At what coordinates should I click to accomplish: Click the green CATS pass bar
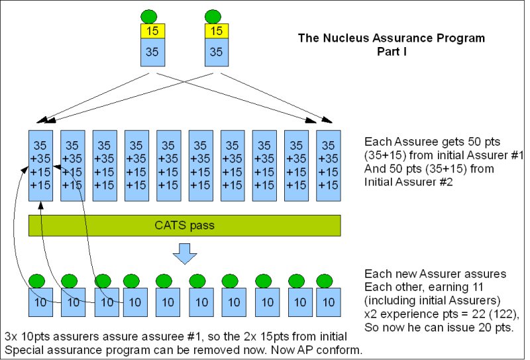[184, 225]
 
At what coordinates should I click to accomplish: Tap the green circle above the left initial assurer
[150, 15]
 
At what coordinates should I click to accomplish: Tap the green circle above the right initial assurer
[213, 15]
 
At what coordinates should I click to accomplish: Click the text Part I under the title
[394, 50]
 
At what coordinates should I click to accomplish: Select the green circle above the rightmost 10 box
[324, 280]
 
